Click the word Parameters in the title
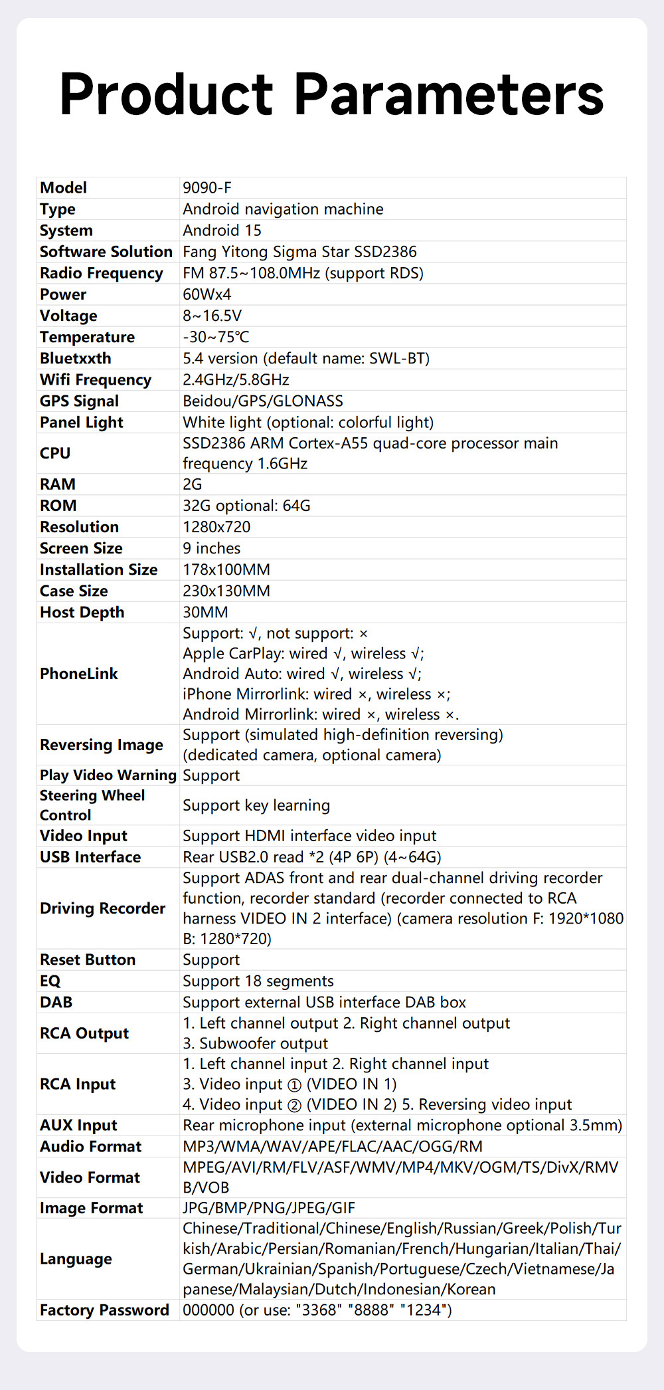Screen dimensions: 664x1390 tap(449, 94)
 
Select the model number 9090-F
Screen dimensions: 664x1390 tap(207, 188)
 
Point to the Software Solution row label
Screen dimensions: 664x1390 tap(106, 252)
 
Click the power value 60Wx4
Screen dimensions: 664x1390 tap(207, 294)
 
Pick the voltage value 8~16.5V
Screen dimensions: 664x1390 tap(212, 316)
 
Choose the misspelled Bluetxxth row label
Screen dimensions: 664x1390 tap(76, 359)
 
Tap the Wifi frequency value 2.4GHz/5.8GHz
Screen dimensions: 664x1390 tap(236, 380)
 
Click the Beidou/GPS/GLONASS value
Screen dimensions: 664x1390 tap(263, 401)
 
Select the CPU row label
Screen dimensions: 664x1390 tap(55, 453)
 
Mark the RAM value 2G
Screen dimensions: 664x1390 tap(193, 484)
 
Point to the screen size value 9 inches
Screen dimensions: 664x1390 tap(212, 548)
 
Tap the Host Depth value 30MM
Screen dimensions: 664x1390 tap(205, 613)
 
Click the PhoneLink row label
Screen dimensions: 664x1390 tap(79, 674)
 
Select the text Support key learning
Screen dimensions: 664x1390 tap(256, 805)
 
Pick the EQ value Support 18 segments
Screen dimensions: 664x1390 tap(258, 981)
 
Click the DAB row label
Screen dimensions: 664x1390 tap(56, 1003)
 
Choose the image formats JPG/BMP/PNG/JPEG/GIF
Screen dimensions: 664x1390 tap(269, 1208)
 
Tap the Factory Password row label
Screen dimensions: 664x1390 tap(105, 1310)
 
